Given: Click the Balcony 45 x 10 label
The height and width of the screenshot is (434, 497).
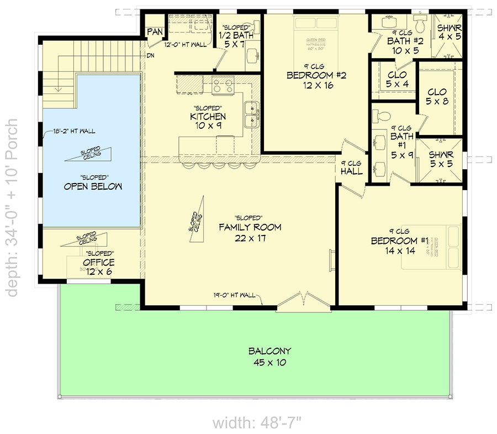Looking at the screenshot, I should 269,357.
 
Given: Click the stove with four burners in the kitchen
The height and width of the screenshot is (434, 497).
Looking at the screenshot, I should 224,86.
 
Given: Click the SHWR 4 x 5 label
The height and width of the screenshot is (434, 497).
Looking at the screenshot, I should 449,32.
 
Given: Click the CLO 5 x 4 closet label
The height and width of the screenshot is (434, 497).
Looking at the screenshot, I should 397,79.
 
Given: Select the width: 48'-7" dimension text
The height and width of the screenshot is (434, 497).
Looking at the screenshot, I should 257,423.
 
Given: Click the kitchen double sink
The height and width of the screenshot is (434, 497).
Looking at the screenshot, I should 252,114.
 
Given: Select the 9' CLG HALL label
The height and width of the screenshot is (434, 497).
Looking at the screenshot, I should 351,168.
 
